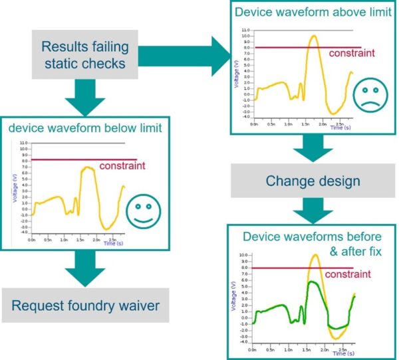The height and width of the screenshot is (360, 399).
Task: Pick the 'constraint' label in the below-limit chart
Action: tap(122, 167)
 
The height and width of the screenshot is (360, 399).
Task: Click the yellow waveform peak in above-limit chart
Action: tap(313, 36)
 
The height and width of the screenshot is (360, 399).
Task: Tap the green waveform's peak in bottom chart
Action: tap(312, 282)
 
